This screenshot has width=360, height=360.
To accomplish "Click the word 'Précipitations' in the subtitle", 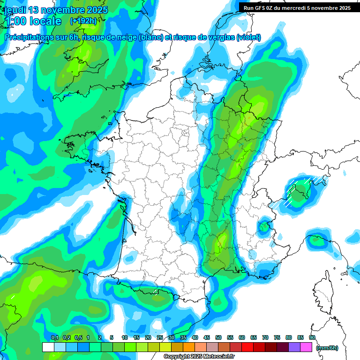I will click(x=28, y=37).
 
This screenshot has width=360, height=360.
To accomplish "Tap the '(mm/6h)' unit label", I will click(x=327, y=347).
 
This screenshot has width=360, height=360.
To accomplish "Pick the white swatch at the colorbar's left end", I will click(x=48, y=347).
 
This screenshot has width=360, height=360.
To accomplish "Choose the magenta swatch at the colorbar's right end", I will click(x=307, y=347).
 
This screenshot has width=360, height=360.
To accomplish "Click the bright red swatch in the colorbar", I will click(x=247, y=347).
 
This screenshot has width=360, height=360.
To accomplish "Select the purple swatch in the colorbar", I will click(x=295, y=347).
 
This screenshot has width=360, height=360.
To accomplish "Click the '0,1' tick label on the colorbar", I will click(x=54, y=337).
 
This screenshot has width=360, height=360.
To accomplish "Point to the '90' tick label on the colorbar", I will click(x=312, y=337).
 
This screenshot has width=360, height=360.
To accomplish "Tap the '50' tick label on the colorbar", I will click(x=218, y=337).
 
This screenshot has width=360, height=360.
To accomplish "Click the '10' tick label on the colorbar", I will click(x=124, y=337).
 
